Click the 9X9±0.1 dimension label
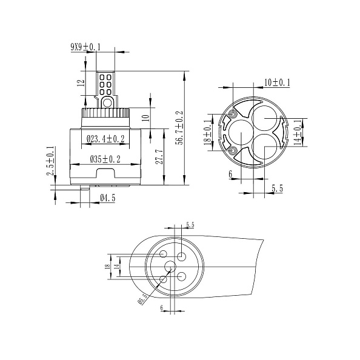click(x=85, y=47)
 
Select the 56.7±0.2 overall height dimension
click(x=179, y=128)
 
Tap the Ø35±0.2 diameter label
click(x=105, y=159)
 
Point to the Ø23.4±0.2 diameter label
click(x=105, y=139)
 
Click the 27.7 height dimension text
click(x=159, y=157)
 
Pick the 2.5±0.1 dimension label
click(x=50, y=161)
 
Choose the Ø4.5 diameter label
click(x=107, y=198)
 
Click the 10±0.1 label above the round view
click(x=277, y=82)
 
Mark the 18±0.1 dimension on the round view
click(x=208, y=132)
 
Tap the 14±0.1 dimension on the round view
click(x=298, y=132)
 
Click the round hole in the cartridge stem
click(x=107, y=102)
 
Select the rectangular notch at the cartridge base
click(x=105, y=173)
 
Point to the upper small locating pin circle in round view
click(x=233, y=113)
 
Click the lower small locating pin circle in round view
click(x=233, y=150)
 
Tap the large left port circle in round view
click(x=241, y=133)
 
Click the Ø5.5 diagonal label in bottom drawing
click(x=142, y=298)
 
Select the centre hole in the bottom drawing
click(x=170, y=267)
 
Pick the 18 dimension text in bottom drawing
click(x=107, y=267)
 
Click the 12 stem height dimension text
click(x=81, y=83)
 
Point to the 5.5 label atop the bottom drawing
click(x=190, y=225)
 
